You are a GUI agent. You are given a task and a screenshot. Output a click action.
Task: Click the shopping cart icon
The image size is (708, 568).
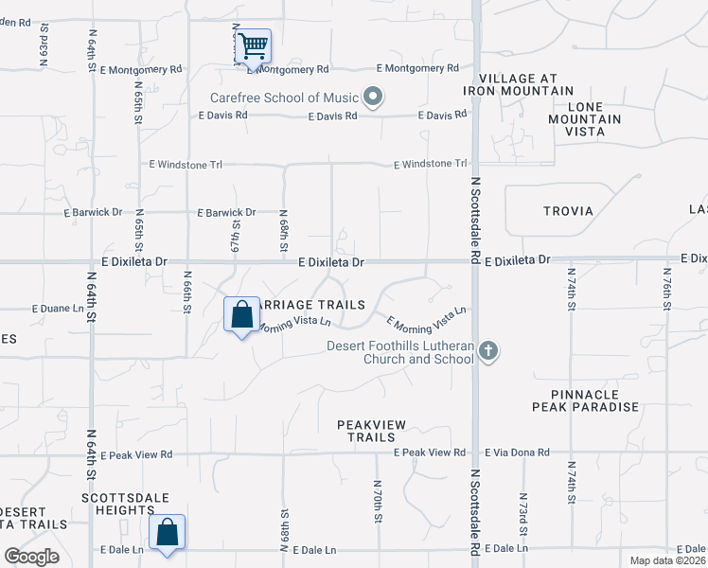253,45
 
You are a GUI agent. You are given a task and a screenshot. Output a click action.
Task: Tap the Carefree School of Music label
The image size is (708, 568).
286,98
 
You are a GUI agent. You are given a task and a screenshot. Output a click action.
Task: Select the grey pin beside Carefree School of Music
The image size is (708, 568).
373,97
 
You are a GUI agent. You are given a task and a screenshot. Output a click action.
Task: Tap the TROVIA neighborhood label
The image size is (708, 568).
568,211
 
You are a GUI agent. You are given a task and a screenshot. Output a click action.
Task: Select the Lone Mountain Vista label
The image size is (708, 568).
585,119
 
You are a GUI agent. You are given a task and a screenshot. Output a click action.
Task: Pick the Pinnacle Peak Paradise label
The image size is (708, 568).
585,400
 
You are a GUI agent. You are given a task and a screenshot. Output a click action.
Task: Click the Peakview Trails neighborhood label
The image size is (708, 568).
365,432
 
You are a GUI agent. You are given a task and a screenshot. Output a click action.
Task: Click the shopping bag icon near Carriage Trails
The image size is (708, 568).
241,313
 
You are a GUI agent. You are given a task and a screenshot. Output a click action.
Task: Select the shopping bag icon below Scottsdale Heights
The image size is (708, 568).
167,531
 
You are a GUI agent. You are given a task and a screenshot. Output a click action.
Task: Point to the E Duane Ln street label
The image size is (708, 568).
59,309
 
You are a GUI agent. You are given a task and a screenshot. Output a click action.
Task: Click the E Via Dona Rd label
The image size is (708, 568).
517,453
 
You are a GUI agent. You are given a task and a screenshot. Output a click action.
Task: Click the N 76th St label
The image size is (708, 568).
667,288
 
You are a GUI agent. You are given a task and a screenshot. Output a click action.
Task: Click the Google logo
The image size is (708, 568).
31,557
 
